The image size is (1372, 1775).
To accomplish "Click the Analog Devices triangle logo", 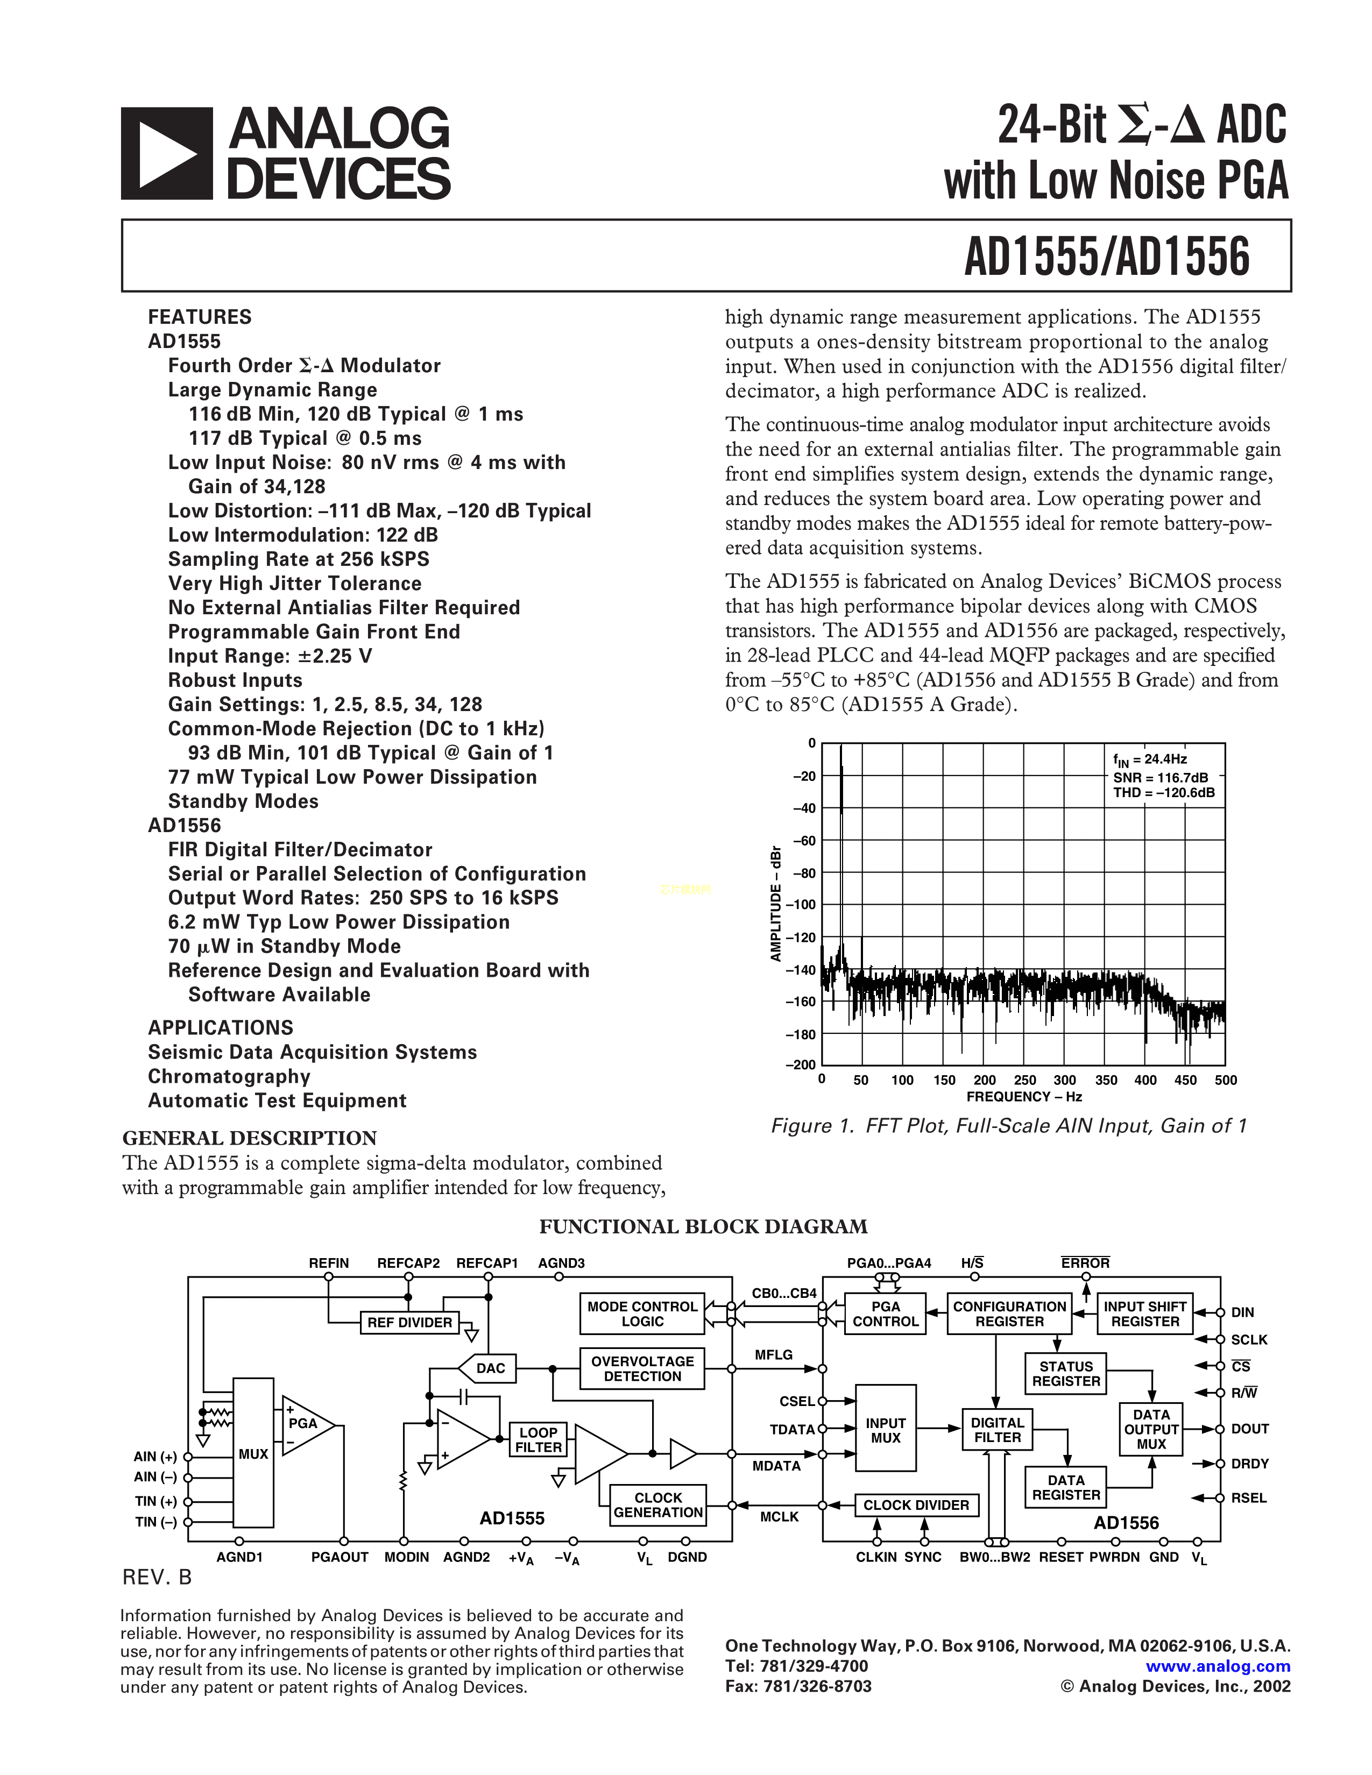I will pos(167,154).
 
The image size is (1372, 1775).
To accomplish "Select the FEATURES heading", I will pos(200,317).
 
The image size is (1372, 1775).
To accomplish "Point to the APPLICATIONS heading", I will pos(220,1027).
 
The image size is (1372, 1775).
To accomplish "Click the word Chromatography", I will pos(229,1076).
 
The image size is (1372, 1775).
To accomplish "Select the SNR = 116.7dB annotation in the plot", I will pos(1160,777).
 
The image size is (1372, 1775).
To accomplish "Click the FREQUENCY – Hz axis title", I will pos(1023,1097).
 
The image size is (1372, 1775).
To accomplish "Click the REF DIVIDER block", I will pos(409,1322).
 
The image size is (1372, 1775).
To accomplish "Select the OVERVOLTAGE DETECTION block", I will pos(642,1369).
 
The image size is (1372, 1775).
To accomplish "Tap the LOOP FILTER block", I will pos(538,1439).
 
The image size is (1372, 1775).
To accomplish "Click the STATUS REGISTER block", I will pos(1065,1374).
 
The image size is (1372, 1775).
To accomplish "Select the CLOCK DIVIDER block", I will pos(916,1505).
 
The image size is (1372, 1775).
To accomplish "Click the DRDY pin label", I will pos(1249,1464).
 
